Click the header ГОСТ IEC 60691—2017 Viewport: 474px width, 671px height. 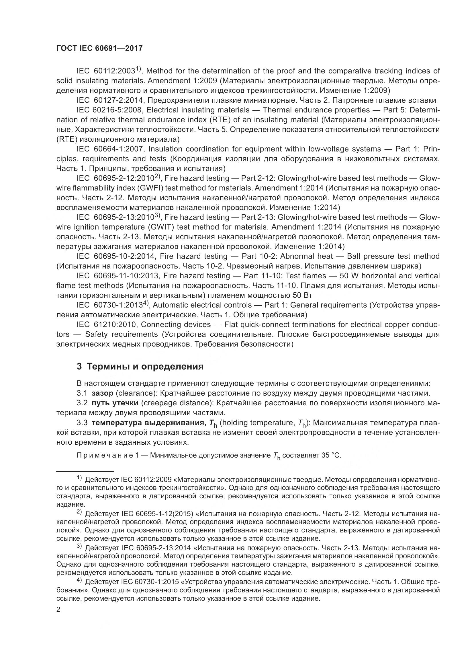99,48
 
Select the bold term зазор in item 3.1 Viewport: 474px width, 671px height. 102,393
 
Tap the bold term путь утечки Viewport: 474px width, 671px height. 115,403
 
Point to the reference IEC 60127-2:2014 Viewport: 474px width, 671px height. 110,100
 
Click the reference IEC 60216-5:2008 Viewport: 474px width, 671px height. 109,110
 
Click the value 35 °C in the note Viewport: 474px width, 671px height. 331,455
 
